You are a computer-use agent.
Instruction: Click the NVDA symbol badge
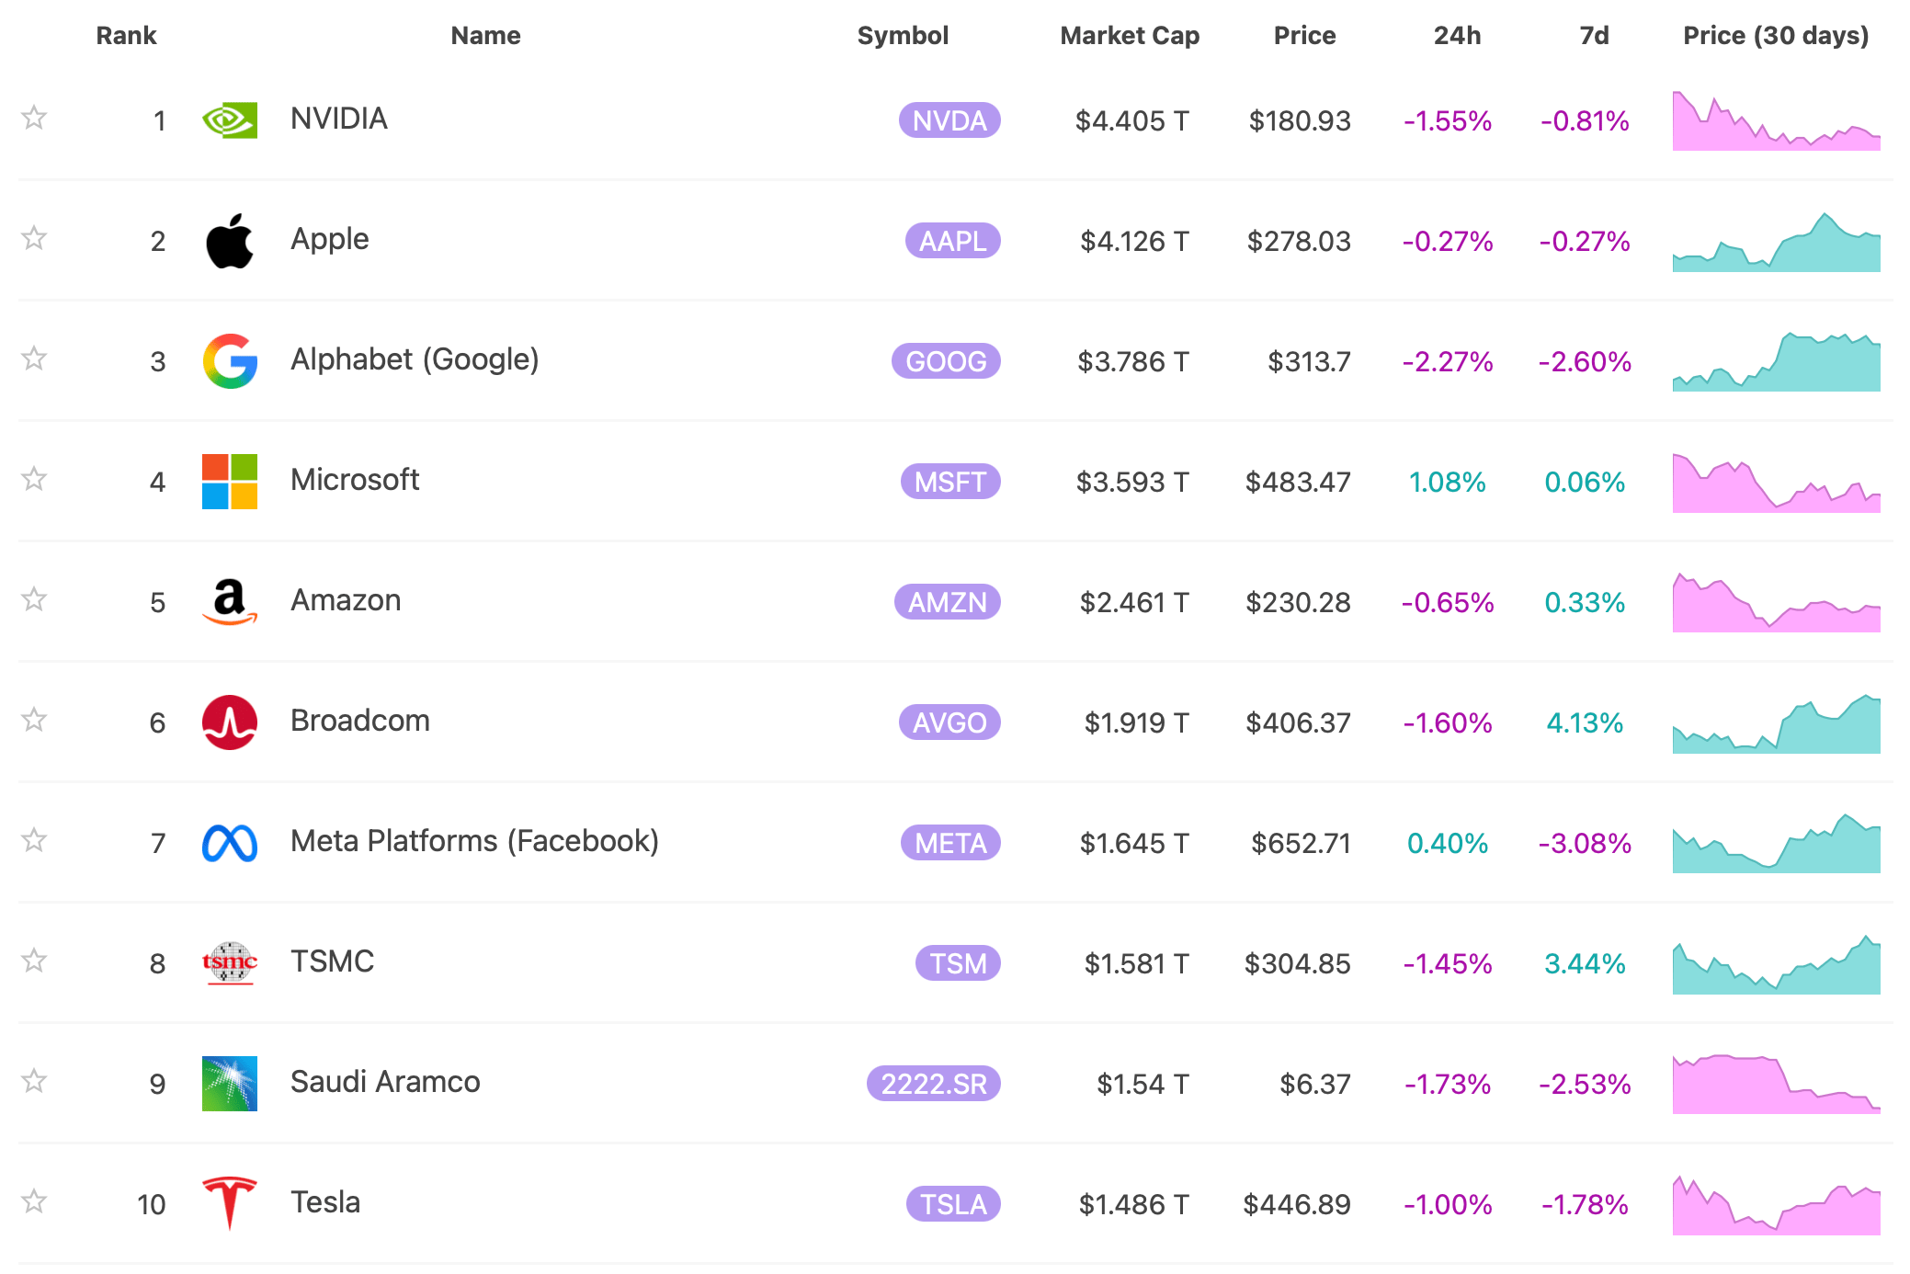pyautogui.click(x=949, y=120)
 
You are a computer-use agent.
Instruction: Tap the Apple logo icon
pyautogui.click(x=229, y=242)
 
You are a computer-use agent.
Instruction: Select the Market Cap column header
pyautogui.click(x=1129, y=36)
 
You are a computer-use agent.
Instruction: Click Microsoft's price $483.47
pyautogui.click(x=1297, y=482)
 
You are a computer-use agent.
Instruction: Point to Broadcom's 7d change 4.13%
pyautogui.click(x=1584, y=722)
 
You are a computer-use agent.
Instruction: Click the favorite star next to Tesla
pyautogui.click(x=34, y=1201)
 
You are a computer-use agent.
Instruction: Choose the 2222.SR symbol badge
pyautogui.click(x=933, y=1084)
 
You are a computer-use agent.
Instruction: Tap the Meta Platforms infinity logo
pyautogui.click(x=229, y=843)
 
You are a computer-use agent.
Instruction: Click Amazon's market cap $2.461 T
pyautogui.click(x=1133, y=602)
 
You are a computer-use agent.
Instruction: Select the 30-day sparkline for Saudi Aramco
pyautogui.click(x=1775, y=1084)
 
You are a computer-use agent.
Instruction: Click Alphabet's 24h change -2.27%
pyautogui.click(x=1447, y=361)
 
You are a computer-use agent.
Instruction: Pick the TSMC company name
pyautogui.click(x=332, y=961)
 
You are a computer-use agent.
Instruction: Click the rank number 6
pyautogui.click(x=157, y=722)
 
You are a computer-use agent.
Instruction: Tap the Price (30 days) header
pyautogui.click(x=1775, y=36)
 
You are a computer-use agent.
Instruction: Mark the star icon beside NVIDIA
pyautogui.click(x=34, y=118)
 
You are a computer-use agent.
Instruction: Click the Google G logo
pyautogui.click(x=229, y=361)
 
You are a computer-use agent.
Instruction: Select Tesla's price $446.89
pyautogui.click(x=1296, y=1204)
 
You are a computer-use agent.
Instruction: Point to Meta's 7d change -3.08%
pyautogui.click(x=1584, y=843)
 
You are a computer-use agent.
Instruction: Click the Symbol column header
pyautogui.click(x=902, y=36)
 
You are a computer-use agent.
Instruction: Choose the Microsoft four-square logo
pyautogui.click(x=229, y=482)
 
